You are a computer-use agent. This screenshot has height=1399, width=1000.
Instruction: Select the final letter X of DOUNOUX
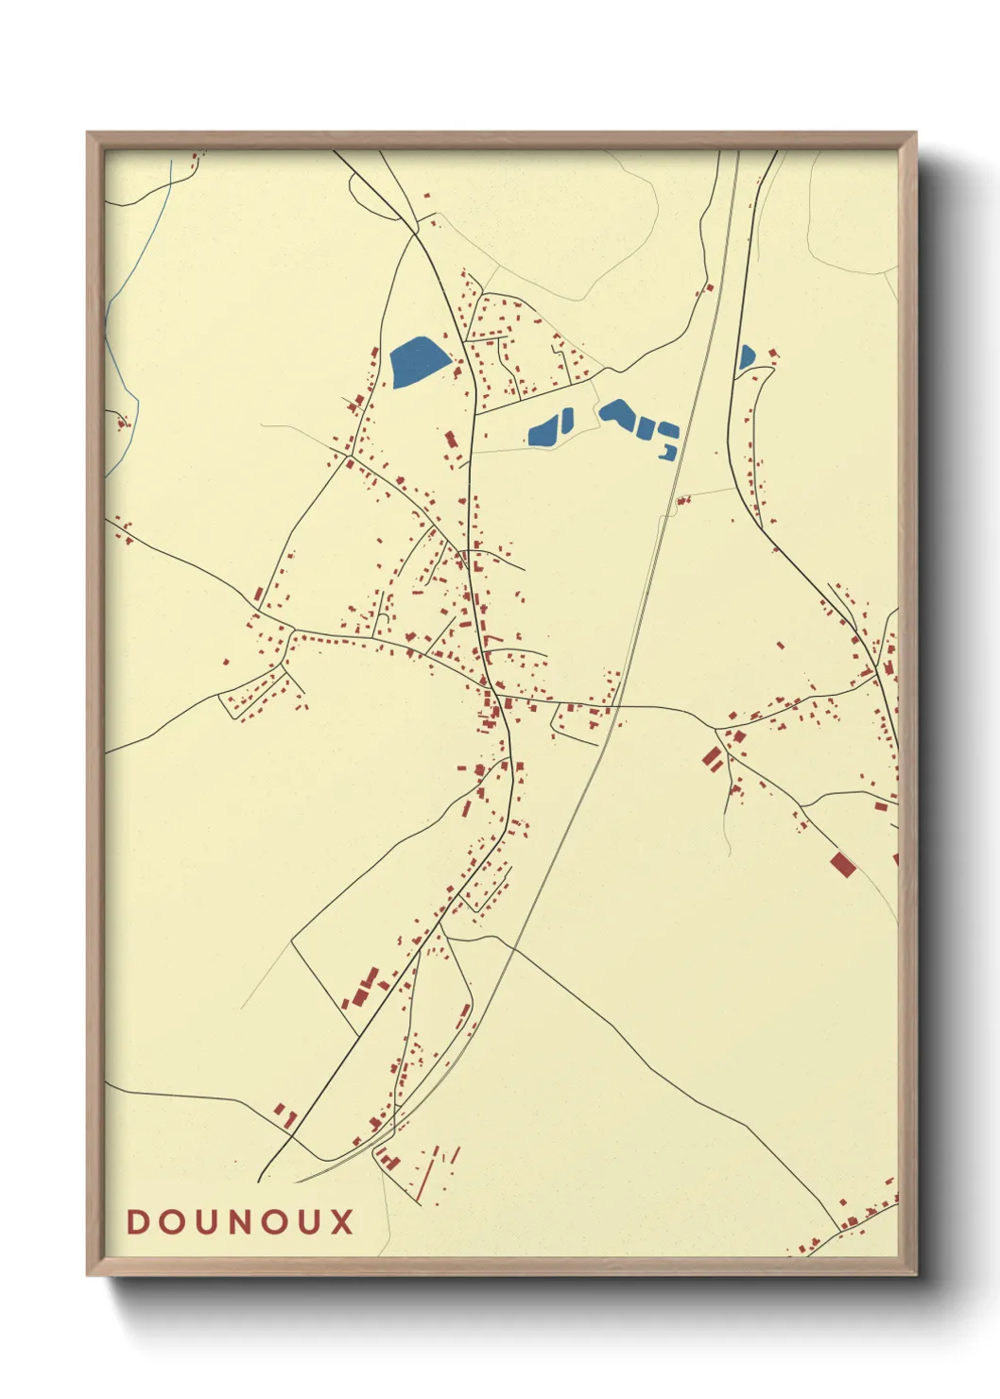[342, 1221]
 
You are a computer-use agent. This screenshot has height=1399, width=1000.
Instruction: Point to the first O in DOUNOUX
[170, 1221]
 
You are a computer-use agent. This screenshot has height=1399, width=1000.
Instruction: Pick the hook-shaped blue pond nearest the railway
[669, 453]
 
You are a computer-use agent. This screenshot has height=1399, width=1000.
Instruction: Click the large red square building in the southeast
[842, 864]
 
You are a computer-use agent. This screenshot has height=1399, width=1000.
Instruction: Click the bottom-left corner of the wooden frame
[89, 1273]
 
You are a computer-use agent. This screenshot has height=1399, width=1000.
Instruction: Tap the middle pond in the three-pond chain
[647, 429]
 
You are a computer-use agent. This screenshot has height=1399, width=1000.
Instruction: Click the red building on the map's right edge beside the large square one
[895, 858]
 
